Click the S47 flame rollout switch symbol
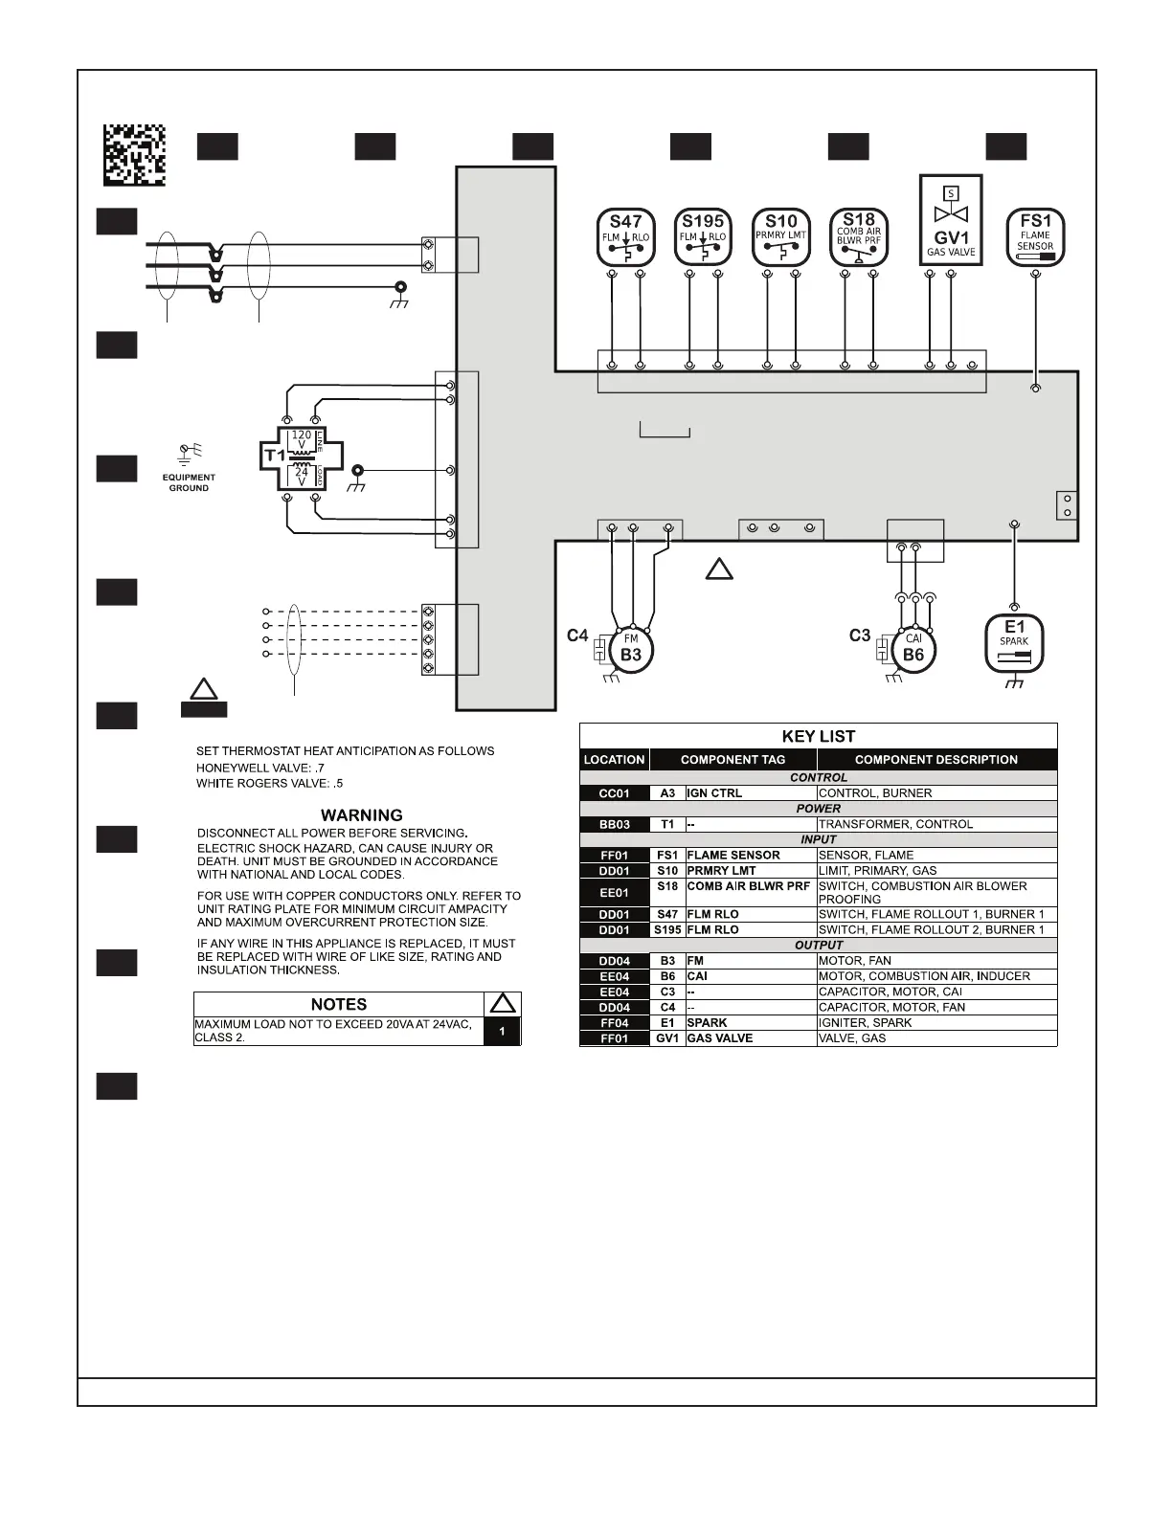click(x=625, y=237)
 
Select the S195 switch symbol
click(x=703, y=237)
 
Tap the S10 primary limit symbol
click(x=781, y=237)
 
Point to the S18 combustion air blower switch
click(x=859, y=237)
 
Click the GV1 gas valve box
click(x=951, y=220)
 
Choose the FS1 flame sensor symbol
click(x=1035, y=237)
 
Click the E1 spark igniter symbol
click(x=1014, y=642)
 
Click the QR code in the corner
click(x=135, y=154)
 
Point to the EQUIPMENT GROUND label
click(x=189, y=482)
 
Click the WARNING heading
click(x=361, y=815)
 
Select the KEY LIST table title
click(x=818, y=736)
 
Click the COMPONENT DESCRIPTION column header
click(x=935, y=760)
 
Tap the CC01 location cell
click(x=614, y=793)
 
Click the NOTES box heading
click(x=339, y=1004)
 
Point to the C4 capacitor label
click(x=577, y=635)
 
